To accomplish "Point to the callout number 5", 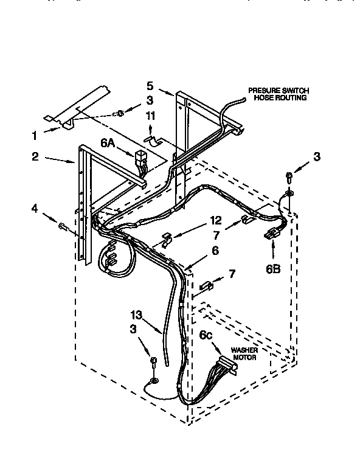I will pyautogui.click(x=150, y=85).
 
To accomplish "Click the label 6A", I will pyautogui.click(x=108, y=142).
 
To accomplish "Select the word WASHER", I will pyautogui.click(x=243, y=350).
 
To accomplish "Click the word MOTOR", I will pyautogui.click(x=243, y=358).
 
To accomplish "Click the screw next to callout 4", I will pyautogui.click(x=63, y=226).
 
